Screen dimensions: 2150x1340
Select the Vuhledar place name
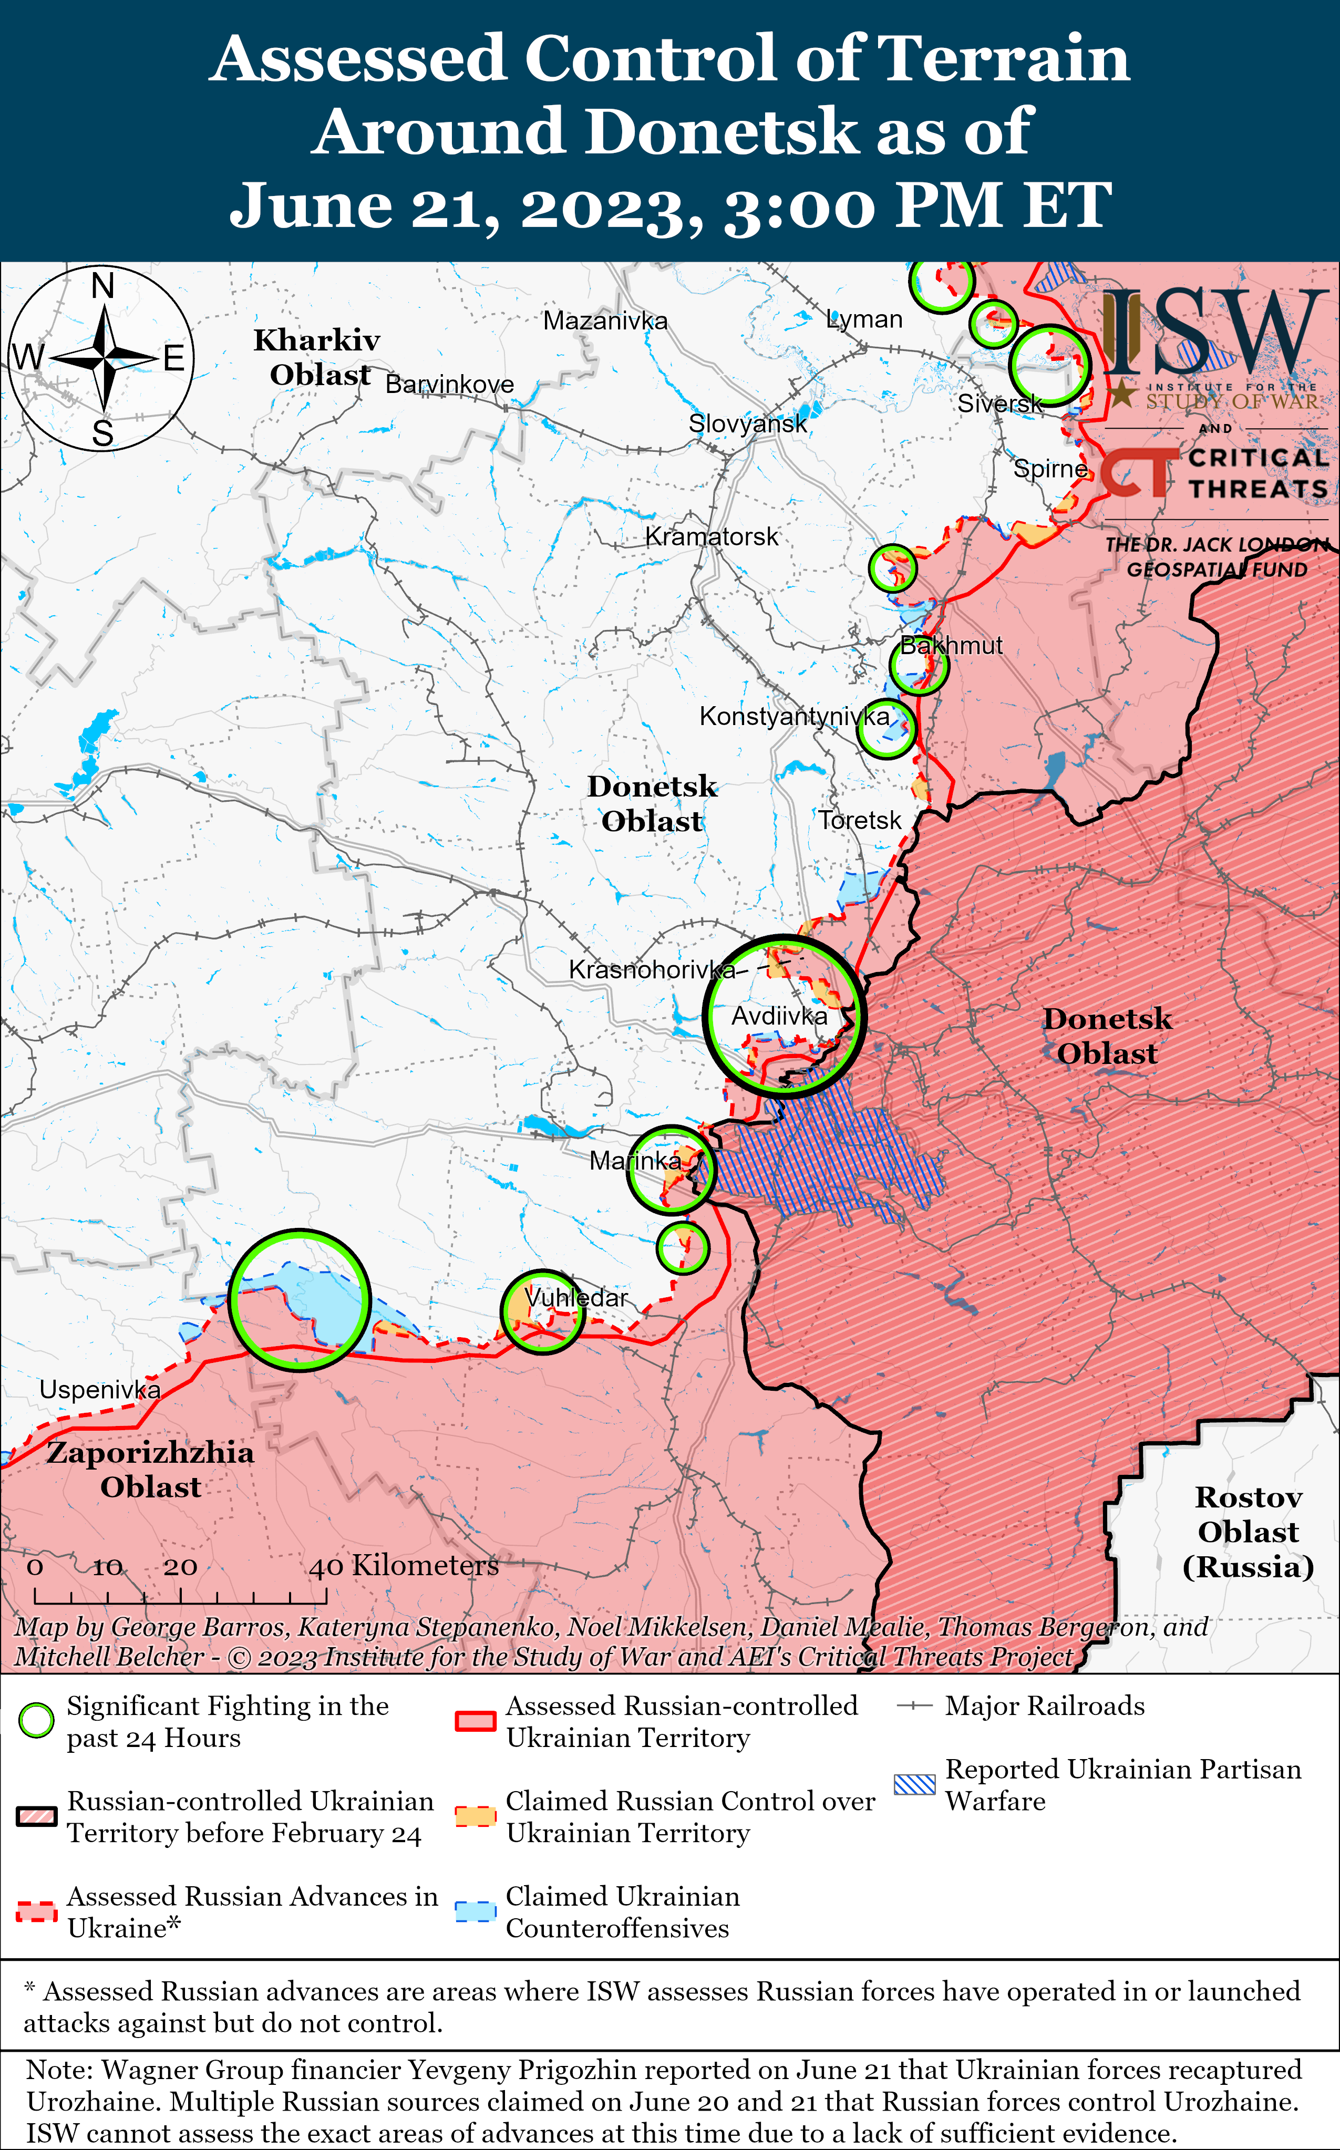pos(576,1298)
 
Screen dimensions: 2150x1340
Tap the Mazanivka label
pos(605,321)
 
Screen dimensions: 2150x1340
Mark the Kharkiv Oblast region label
pos(317,357)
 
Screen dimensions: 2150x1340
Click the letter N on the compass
pos(103,286)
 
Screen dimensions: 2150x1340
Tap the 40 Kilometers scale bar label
pos(403,1565)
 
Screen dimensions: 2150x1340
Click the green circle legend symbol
pos(36,1720)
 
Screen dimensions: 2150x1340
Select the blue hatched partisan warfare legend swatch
pos(914,1784)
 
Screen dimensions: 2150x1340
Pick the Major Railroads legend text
pos(1045,1705)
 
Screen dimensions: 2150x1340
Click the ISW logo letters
pos(1210,332)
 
